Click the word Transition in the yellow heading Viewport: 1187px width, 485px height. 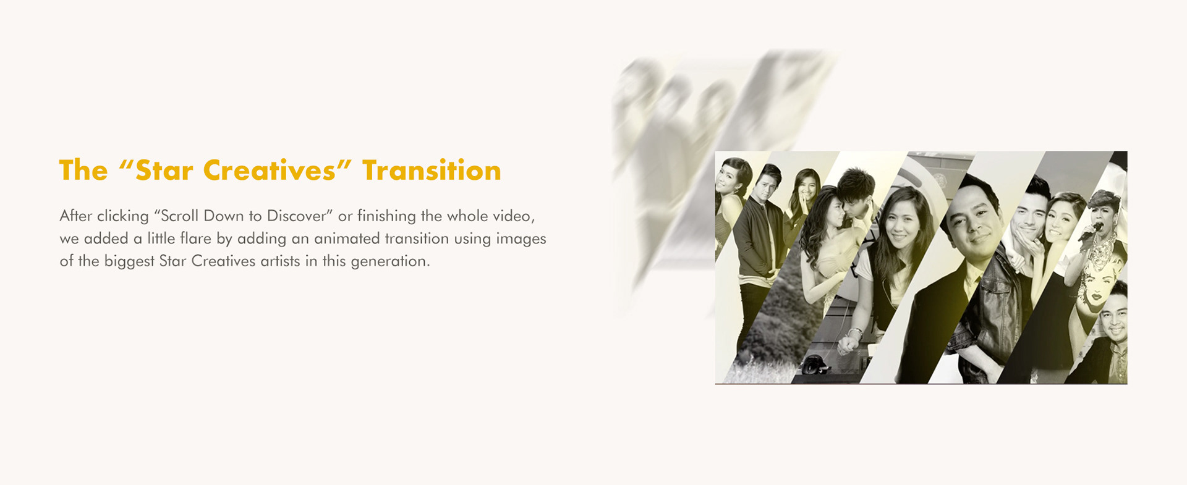click(x=432, y=171)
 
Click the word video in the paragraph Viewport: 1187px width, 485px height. click(x=513, y=216)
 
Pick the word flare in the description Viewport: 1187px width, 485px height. click(x=195, y=238)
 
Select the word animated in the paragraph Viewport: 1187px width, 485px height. click(x=351, y=238)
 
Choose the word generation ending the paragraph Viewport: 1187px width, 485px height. click(x=390, y=261)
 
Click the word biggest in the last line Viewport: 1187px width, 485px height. click(x=129, y=262)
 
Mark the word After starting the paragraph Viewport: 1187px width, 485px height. click(x=76, y=216)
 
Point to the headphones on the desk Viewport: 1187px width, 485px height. click(x=816, y=365)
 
